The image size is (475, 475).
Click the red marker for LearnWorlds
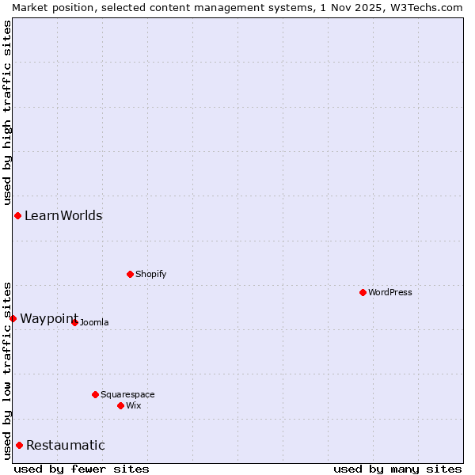point(17,215)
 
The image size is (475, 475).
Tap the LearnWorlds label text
point(63,216)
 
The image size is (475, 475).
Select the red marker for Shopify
point(130,274)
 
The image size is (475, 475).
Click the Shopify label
point(150,275)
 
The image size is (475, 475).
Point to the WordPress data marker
point(363,292)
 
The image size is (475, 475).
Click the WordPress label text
point(389,293)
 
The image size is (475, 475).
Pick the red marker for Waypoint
point(13,318)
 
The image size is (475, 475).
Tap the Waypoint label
point(49,318)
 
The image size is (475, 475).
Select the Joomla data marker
point(74,322)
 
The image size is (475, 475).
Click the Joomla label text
point(94,323)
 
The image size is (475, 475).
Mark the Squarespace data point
point(95,394)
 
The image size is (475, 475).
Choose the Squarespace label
point(127,395)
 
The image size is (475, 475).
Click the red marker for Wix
point(120,405)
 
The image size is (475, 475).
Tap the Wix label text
point(134,406)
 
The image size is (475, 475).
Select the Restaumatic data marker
point(19,445)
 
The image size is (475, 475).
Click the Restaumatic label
point(66,446)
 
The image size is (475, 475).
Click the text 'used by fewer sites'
point(82,469)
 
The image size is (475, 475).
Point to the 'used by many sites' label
point(397,469)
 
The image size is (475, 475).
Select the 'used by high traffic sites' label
point(7,110)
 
